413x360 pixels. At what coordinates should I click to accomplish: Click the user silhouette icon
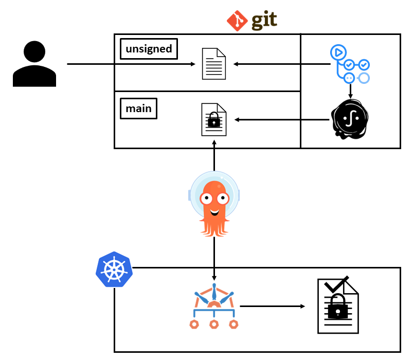(x=34, y=64)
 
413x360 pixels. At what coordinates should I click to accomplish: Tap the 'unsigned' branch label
(x=149, y=49)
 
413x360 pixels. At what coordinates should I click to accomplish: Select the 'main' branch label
(x=138, y=109)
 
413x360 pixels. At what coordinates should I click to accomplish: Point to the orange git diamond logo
(x=237, y=21)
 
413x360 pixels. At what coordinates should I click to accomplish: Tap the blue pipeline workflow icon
(x=350, y=64)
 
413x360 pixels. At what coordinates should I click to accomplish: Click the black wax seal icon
(x=350, y=119)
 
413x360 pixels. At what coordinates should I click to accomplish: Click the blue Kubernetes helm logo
(x=114, y=269)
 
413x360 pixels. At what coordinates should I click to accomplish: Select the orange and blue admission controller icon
(x=213, y=307)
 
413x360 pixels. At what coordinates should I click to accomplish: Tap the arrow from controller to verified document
(x=272, y=307)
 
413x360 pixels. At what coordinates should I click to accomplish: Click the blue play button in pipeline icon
(x=338, y=52)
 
